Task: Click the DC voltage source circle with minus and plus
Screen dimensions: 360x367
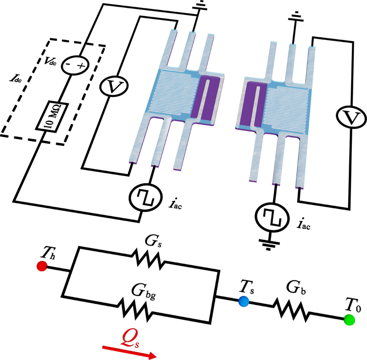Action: (x=73, y=65)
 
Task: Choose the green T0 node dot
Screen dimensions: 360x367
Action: (x=348, y=319)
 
